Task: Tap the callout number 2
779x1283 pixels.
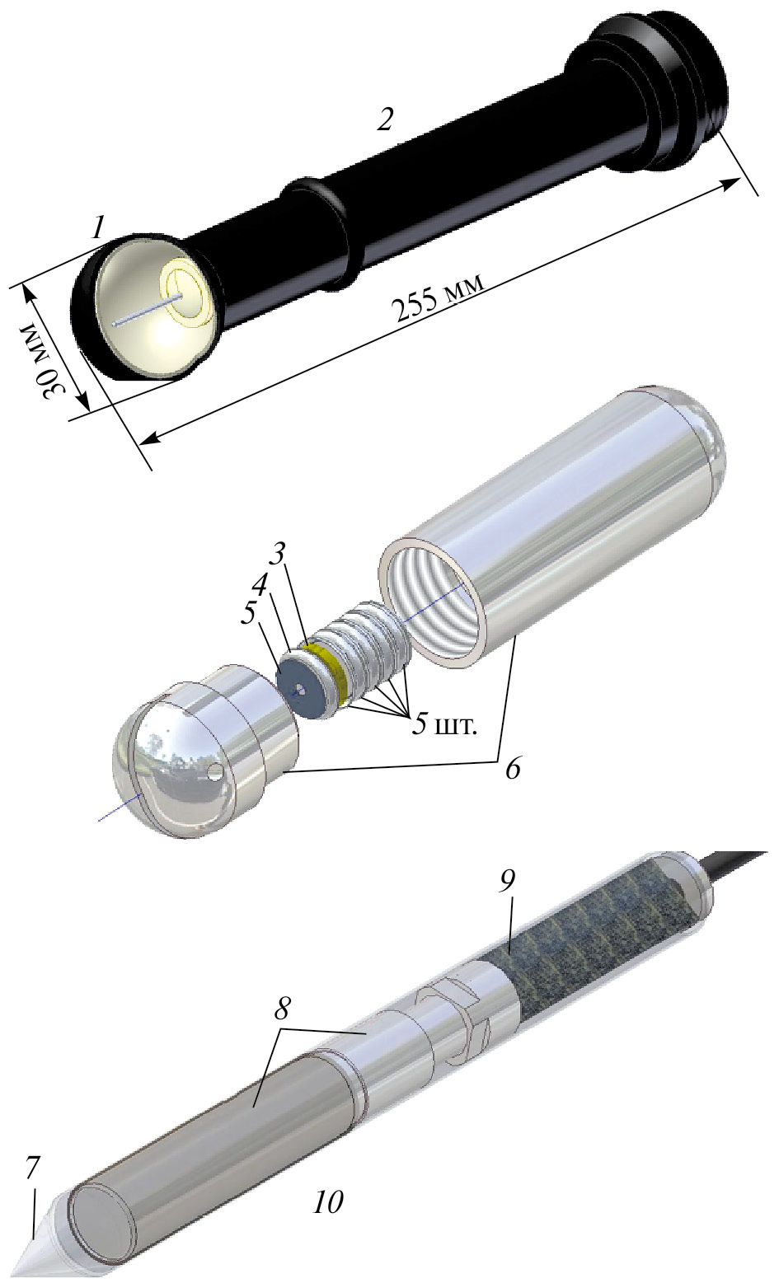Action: [x=385, y=119]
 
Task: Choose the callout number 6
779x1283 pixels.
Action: [x=512, y=769]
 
